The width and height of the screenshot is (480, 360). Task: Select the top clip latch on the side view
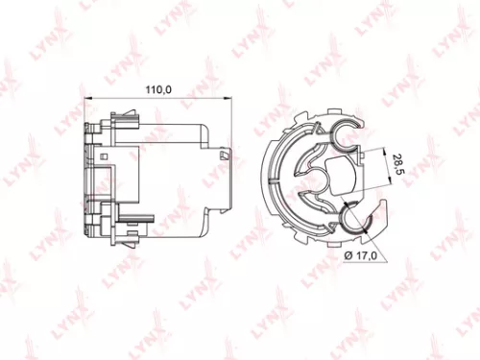pos(123,117)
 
